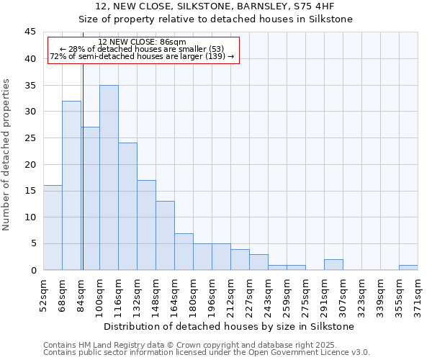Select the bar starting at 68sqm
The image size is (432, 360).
[x=71, y=186]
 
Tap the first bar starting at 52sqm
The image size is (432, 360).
[x=53, y=228]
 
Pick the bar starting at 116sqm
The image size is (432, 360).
[x=127, y=207]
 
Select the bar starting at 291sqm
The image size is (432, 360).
[x=333, y=264]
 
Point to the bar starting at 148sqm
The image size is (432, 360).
[x=165, y=235]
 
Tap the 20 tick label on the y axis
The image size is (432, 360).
[x=30, y=164]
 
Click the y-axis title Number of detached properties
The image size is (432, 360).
[x=7, y=155]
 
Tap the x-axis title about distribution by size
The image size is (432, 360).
[x=229, y=326]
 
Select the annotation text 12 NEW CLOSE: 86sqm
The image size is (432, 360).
[x=142, y=42]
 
